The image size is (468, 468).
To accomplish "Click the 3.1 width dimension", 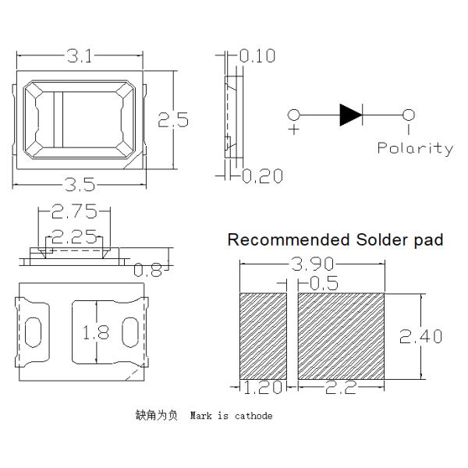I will pos(80,56).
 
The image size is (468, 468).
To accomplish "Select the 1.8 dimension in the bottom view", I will pos(94,332).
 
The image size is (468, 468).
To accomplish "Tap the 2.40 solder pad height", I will pos(421,336).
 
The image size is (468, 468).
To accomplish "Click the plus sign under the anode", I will pos(294,130).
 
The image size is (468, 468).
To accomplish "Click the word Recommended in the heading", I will pos(282,239).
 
